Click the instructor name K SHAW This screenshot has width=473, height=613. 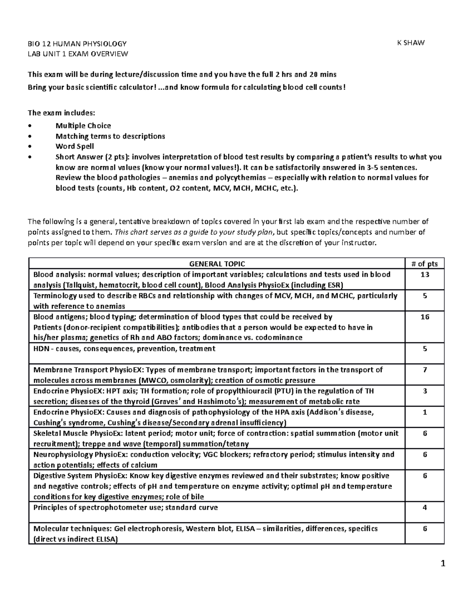pyautogui.click(x=411, y=43)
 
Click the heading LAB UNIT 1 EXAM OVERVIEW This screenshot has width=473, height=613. pyautogui.click(x=78, y=54)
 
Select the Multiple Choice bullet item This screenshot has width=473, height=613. pyautogui.click(x=83, y=126)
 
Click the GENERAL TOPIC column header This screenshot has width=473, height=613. pyautogui.click(x=217, y=264)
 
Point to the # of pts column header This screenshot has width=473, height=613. pyautogui.click(x=425, y=264)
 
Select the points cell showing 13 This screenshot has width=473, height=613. pyautogui.click(x=425, y=275)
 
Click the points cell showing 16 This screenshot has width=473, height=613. pyautogui.click(x=425, y=317)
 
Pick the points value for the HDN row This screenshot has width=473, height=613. pyautogui.click(x=425, y=349)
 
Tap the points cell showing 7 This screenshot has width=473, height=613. pyautogui.click(x=425, y=370)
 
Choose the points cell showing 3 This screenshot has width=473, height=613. pyautogui.click(x=425, y=391)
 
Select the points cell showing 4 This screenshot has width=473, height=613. pyautogui.click(x=425, y=508)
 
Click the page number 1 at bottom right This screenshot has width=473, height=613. pyautogui.click(x=443, y=564)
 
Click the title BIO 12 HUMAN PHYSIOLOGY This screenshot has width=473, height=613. pyautogui.click(x=77, y=43)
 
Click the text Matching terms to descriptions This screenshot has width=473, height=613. pyautogui.click(x=110, y=136)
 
